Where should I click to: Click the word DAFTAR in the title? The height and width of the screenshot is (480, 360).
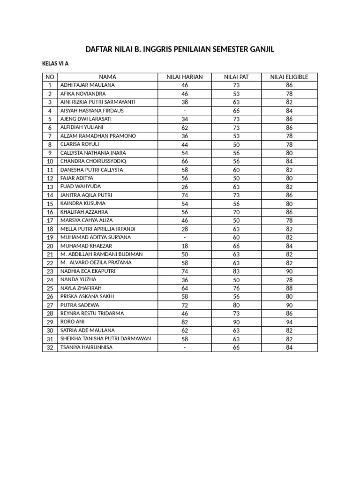point(98,50)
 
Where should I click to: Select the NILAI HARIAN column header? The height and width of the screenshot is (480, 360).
point(185,77)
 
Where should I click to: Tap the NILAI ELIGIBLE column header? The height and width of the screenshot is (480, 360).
point(289,77)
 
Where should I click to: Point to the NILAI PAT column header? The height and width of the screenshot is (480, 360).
point(236,77)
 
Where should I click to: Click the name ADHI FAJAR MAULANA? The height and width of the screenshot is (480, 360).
point(87,85)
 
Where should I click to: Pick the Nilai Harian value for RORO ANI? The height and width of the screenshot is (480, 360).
point(185,322)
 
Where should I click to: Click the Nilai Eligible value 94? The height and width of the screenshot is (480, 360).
point(289,322)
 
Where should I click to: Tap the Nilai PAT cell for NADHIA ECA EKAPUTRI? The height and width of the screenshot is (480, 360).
point(236,271)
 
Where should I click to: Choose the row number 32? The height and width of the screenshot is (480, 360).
point(50,347)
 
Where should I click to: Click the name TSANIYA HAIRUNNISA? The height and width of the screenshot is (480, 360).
point(86,347)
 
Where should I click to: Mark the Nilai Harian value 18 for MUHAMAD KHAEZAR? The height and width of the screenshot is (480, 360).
point(185,246)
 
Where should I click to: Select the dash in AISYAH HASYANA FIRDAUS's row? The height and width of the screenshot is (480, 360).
point(185,111)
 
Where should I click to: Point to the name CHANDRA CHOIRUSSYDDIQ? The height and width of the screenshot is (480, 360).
point(93,161)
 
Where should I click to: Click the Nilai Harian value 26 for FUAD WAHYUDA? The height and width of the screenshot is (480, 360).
point(185,187)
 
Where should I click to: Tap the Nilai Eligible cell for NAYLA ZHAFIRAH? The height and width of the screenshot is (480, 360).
point(289,288)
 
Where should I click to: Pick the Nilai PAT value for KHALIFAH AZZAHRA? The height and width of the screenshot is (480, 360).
point(236,212)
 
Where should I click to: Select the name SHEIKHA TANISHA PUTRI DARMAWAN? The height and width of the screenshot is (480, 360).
point(105,338)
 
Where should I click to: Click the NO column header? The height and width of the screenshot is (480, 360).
point(50,77)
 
